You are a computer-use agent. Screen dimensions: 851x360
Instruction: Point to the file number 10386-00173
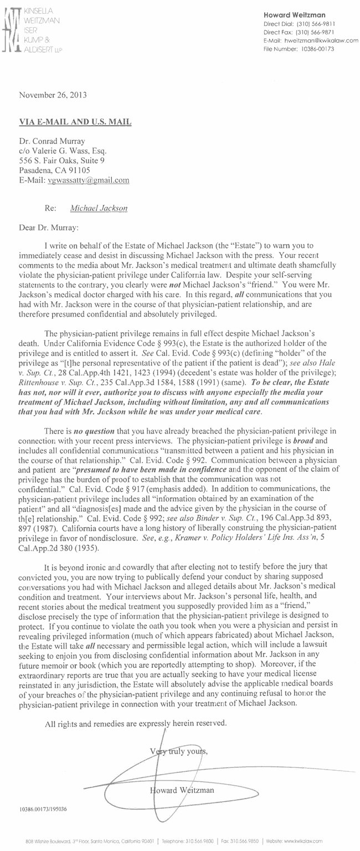[318, 48]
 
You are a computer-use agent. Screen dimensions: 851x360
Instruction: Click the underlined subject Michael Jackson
[99, 209]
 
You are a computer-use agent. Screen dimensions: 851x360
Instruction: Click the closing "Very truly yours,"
[178, 751]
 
